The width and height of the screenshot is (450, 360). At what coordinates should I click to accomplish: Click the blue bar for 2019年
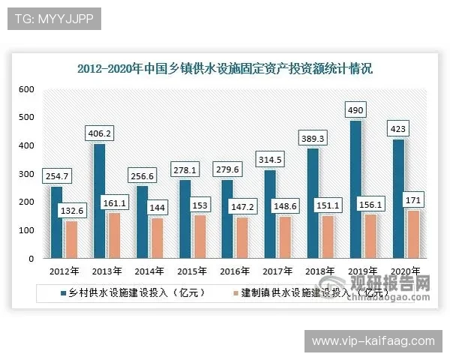click(x=355, y=189)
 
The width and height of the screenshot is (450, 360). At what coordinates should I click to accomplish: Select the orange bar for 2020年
click(x=413, y=234)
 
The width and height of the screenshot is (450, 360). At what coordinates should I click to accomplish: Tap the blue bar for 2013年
click(x=99, y=201)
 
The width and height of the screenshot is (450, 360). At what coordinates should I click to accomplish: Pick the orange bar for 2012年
click(x=70, y=239)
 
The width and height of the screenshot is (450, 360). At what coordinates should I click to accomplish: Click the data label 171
click(x=413, y=199)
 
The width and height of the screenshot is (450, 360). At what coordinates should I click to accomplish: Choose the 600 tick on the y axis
click(x=27, y=89)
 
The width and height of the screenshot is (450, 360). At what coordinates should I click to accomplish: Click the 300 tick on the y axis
click(x=27, y=174)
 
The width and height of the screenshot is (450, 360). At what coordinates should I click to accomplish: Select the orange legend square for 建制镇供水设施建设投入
click(x=235, y=292)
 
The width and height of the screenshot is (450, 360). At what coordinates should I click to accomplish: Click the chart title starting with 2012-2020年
click(x=225, y=68)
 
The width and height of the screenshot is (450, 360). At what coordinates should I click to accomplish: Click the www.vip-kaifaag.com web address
click(x=373, y=340)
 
